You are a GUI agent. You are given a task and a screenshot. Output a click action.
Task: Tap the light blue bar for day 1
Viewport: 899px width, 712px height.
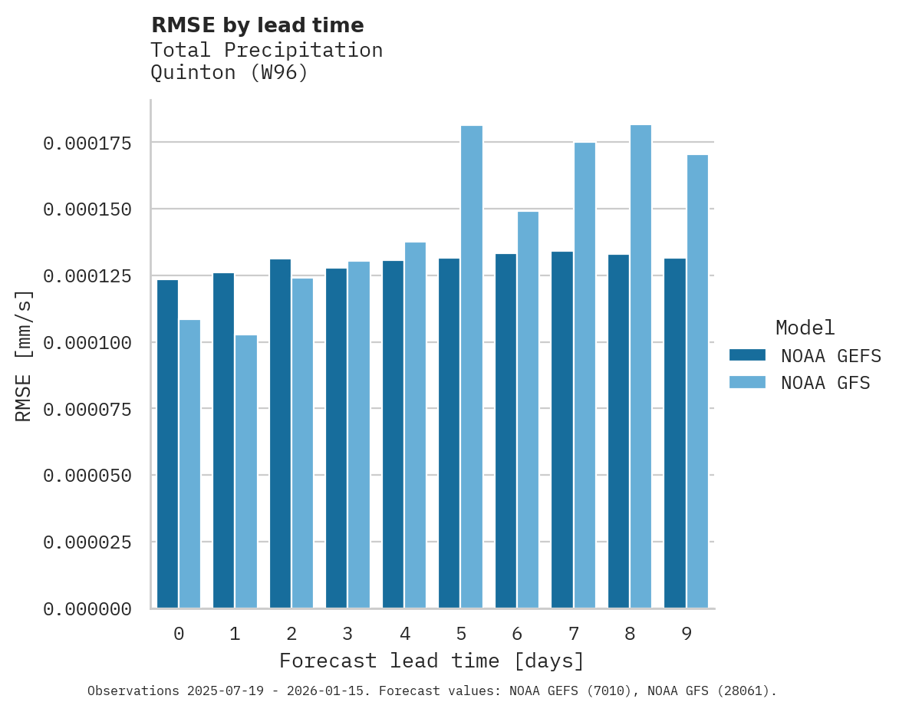[246, 471]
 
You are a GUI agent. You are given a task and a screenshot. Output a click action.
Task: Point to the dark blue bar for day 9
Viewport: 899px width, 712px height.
[675, 433]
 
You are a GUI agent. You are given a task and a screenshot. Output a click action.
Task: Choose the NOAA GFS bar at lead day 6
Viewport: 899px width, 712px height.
[528, 410]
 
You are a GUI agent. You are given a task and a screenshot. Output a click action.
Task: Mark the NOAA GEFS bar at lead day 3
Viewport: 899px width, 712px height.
[336, 438]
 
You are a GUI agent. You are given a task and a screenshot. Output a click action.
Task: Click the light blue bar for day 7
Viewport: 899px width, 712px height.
[585, 375]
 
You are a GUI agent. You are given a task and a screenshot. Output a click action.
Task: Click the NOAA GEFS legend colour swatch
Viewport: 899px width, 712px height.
[747, 355]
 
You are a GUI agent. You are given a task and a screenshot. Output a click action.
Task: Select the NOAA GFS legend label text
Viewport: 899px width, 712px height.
[825, 382]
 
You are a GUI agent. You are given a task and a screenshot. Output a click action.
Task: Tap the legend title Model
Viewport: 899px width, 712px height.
[805, 328]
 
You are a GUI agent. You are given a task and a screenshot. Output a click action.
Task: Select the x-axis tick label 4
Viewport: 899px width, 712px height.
[404, 634]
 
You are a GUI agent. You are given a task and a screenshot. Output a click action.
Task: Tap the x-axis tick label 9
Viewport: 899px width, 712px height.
[687, 634]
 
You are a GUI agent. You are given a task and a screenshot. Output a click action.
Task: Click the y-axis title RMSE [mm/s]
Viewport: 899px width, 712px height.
[24, 356]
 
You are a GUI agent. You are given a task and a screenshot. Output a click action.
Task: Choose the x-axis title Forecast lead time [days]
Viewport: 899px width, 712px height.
[432, 661]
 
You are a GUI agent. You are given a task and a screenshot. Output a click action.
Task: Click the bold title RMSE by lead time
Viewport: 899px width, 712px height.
[257, 25]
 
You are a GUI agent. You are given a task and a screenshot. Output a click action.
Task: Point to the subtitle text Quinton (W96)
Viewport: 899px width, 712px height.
[229, 73]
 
